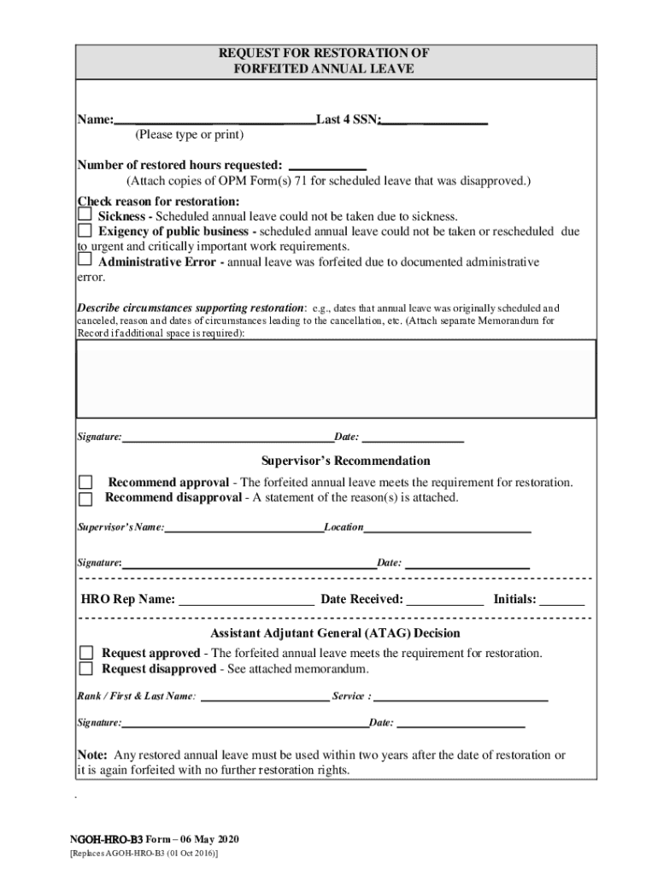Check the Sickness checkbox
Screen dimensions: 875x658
(85, 215)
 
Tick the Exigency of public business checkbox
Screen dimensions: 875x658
(85, 231)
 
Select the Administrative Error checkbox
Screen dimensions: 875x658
(85, 260)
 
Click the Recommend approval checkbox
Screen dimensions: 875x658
(85, 482)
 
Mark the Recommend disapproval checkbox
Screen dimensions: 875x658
(85, 498)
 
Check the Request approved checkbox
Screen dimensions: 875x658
(85, 653)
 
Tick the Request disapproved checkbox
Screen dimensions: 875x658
(85, 668)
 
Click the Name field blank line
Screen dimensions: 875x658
(214, 120)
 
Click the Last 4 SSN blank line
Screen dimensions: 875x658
(434, 120)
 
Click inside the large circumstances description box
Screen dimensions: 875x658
(337, 378)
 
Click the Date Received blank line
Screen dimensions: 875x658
(444, 600)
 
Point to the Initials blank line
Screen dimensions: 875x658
(561, 600)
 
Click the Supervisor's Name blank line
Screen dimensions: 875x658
(244, 528)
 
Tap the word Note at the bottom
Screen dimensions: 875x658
(91, 755)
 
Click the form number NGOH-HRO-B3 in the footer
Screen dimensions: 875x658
(100, 838)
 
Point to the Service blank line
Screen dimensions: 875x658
(461, 696)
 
